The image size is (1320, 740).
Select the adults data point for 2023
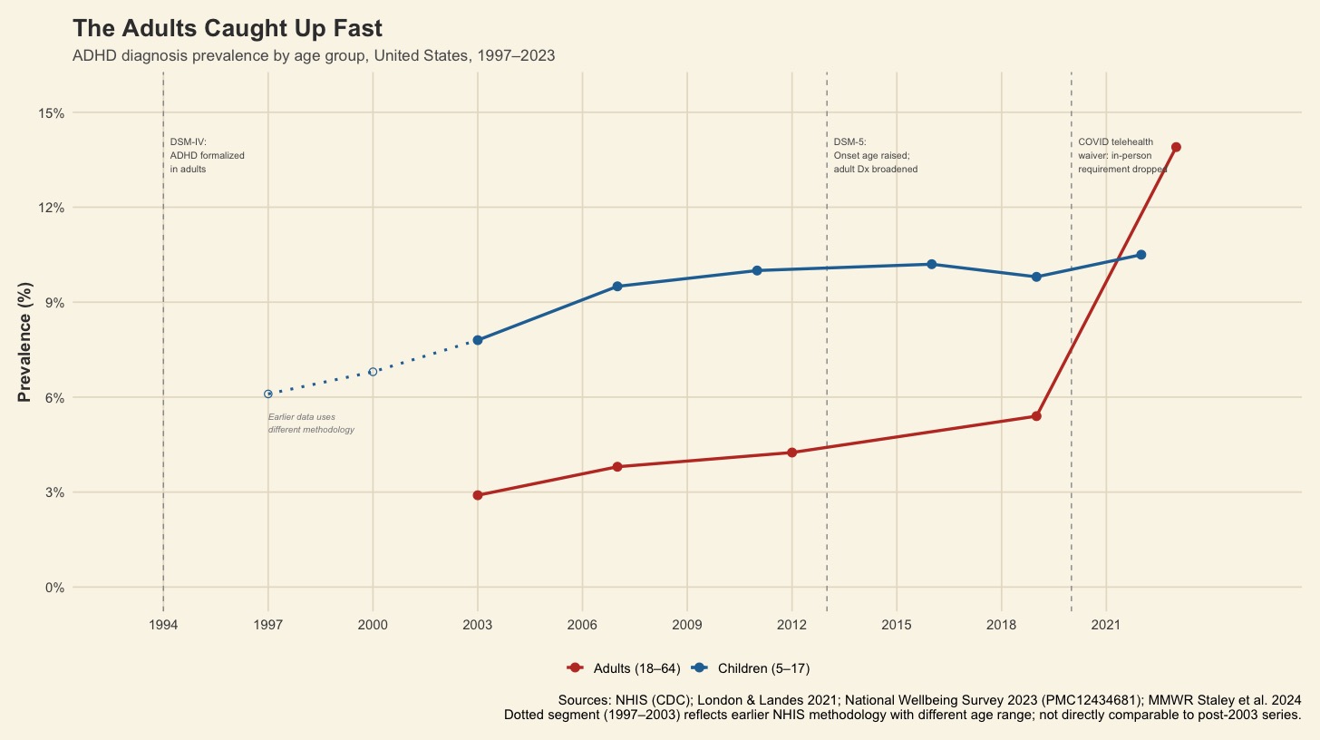[x=1176, y=147]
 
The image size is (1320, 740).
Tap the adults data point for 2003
[x=478, y=495]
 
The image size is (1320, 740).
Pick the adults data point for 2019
[x=1036, y=416]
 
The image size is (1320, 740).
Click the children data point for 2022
[x=1140, y=255]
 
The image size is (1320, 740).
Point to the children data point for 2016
[x=931, y=264]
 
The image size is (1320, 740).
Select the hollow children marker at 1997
[x=268, y=394]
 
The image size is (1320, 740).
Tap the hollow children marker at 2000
[x=373, y=372]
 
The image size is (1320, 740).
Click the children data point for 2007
[x=617, y=287]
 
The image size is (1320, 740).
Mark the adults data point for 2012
[x=791, y=453]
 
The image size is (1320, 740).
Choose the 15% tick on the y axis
[x=51, y=112]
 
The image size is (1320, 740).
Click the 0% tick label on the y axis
[x=53, y=588]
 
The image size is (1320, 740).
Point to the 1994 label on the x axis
[x=163, y=625]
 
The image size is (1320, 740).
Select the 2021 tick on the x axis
[x=1106, y=625]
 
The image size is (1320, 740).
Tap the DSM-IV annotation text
[x=208, y=156]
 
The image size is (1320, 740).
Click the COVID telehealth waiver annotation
[x=1121, y=156]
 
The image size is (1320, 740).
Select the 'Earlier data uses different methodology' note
[x=311, y=424]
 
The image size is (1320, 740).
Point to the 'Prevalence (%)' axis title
[x=25, y=341]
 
